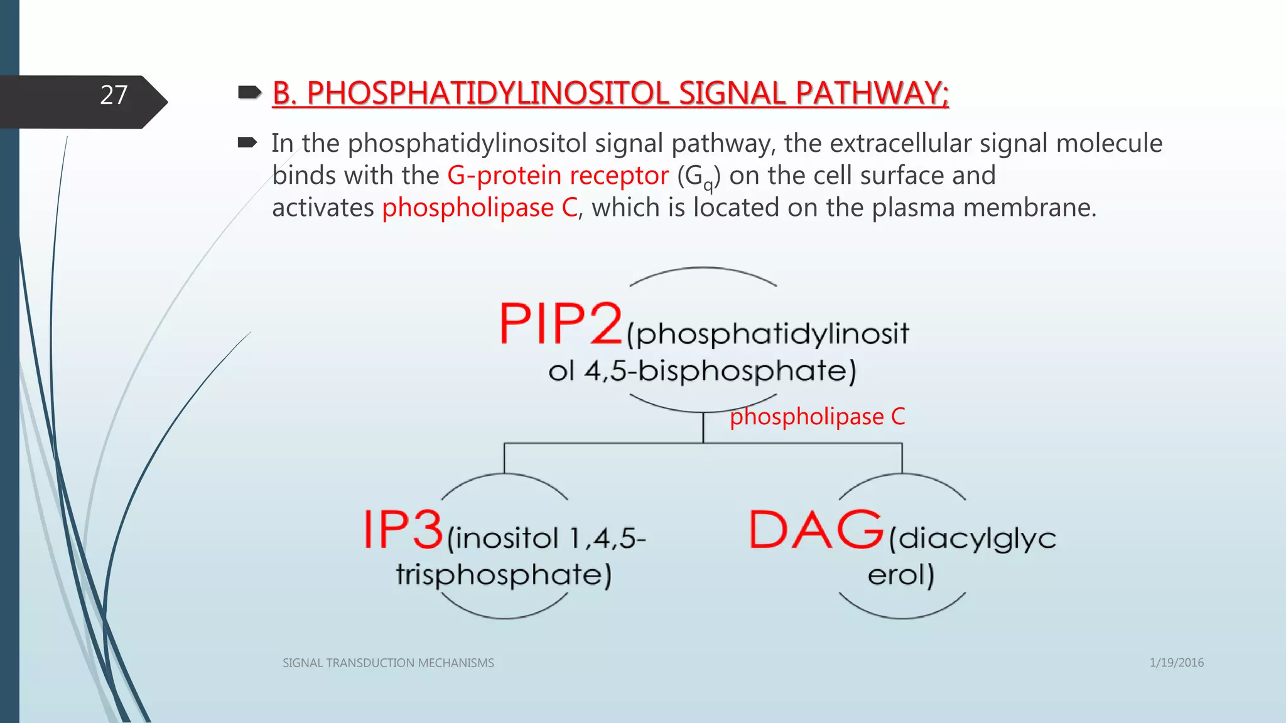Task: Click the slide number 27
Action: pos(114,95)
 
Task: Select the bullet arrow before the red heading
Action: pos(249,94)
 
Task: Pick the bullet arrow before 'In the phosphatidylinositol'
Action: pos(247,143)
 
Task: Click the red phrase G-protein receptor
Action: pos(558,176)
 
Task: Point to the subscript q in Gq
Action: pos(708,185)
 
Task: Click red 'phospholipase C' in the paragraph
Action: pos(480,208)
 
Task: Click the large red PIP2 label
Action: pos(560,324)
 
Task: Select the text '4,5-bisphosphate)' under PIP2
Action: pos(720,371)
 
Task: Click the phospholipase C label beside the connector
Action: pos(817,417)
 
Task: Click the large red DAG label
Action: pos(816,530)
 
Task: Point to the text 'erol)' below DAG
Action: pos(901,574)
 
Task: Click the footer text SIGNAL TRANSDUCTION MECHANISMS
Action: pos(388,663)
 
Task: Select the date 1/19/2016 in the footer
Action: pos(1176,663)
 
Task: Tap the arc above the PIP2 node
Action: pos(703,269)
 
